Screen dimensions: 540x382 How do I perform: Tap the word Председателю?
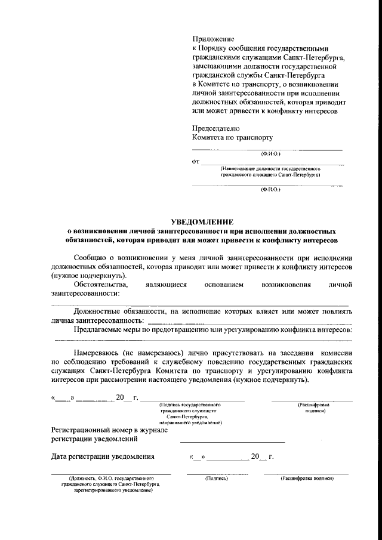[x=215, y=128]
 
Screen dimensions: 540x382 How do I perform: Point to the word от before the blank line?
[x=195, y=161]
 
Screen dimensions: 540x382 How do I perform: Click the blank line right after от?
[x=272, y=163]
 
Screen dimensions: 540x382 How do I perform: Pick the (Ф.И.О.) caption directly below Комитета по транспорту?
[x=270, y=154]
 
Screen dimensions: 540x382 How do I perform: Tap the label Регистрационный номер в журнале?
[x=109, y=430]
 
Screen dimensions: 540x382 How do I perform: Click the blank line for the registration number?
[x=232, y=441]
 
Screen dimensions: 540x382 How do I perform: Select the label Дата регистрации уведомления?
[x=103, y=457]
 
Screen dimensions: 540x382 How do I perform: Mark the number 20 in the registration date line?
[x=255, y=457]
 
